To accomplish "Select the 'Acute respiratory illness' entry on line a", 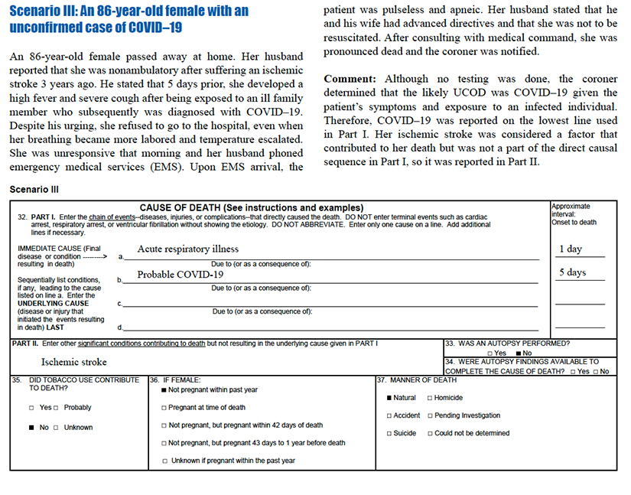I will [x=187, y=249].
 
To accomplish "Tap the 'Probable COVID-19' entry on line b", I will [x=180, y=275].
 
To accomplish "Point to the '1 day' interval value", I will [x=570, y=249].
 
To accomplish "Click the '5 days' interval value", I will [x=571, y=272].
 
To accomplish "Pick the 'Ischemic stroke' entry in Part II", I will [x=74, y=362].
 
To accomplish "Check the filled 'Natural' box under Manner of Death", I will [x=389, y=398].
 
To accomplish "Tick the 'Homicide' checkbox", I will [x=429, y=398].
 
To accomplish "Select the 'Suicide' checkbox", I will [x=389, y=433].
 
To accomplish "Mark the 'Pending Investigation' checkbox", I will [x=429, y=415].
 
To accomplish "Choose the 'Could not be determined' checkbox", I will [x=429, y=433].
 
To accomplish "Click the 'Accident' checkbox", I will [x=389, y=415].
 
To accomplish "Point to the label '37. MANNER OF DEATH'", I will [x=418, y=380].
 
